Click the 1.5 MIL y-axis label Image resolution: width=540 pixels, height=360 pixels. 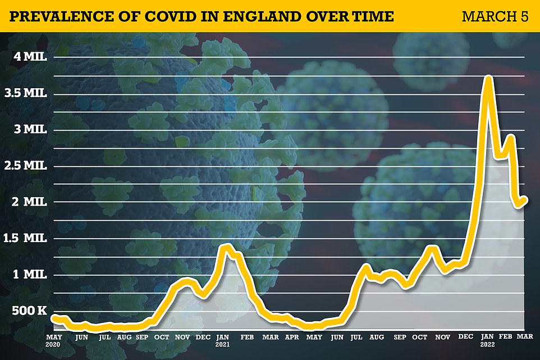pyautogui.click(x=28, y=238)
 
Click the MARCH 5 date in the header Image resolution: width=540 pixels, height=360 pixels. pyautogui.click(x=495, y=15)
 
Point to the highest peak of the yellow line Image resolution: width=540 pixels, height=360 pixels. pyautogui.click(x=488, y=78)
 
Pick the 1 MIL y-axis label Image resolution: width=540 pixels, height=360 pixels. pyautogui.click(x=32, y=274)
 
